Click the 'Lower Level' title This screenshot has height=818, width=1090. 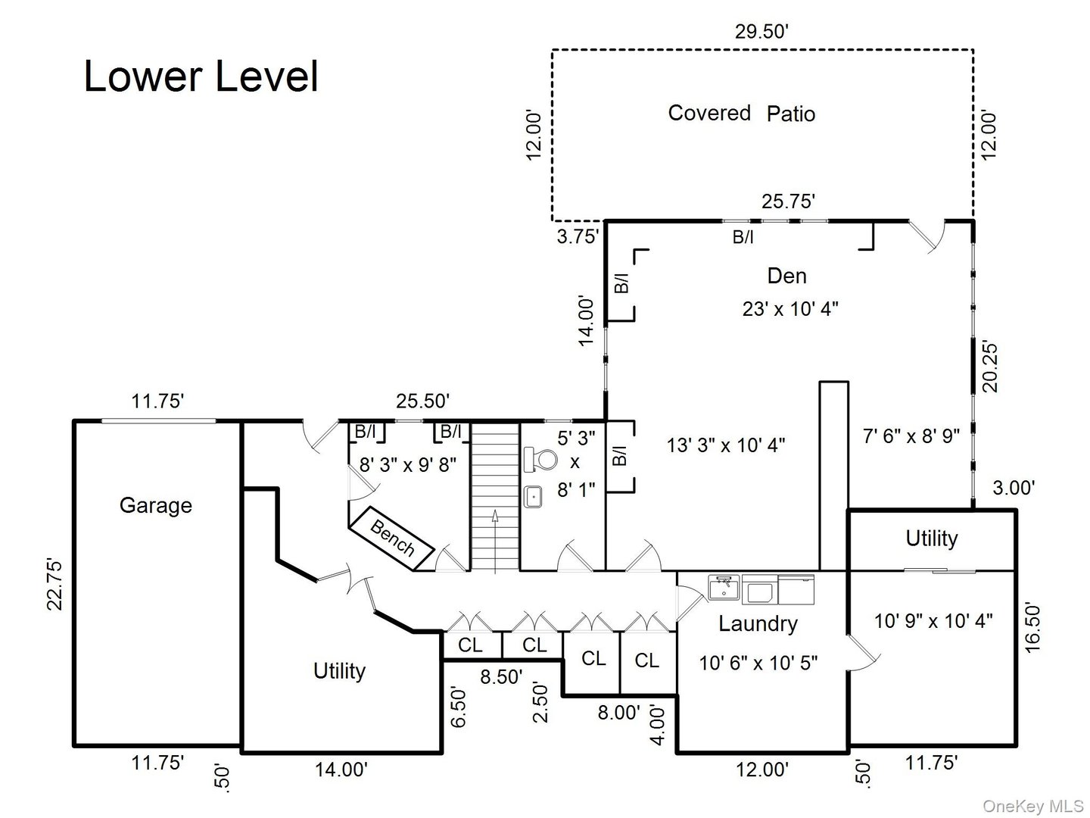pos(201,76)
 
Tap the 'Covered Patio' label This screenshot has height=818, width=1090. pos(741,114)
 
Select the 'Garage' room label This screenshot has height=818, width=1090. pos(155,505)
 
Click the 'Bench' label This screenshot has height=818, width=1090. pos(392,536)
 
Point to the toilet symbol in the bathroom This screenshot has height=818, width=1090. pos(540,459)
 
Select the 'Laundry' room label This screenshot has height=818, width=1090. pos(758,624)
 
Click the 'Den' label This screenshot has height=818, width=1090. pos(786,276)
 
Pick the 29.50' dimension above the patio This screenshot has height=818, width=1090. pos(762,31)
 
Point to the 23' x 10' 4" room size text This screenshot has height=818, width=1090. pos(789,309)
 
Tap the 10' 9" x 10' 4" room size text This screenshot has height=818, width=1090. pos(933,621)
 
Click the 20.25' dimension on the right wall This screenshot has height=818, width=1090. pos(991,366)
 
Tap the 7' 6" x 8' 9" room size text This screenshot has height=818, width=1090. pos(911,436)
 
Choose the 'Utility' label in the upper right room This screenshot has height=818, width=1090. pos(931,539)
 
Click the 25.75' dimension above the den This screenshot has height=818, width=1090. pos(788,201)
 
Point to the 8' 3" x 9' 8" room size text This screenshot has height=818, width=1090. pos(407,464)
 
